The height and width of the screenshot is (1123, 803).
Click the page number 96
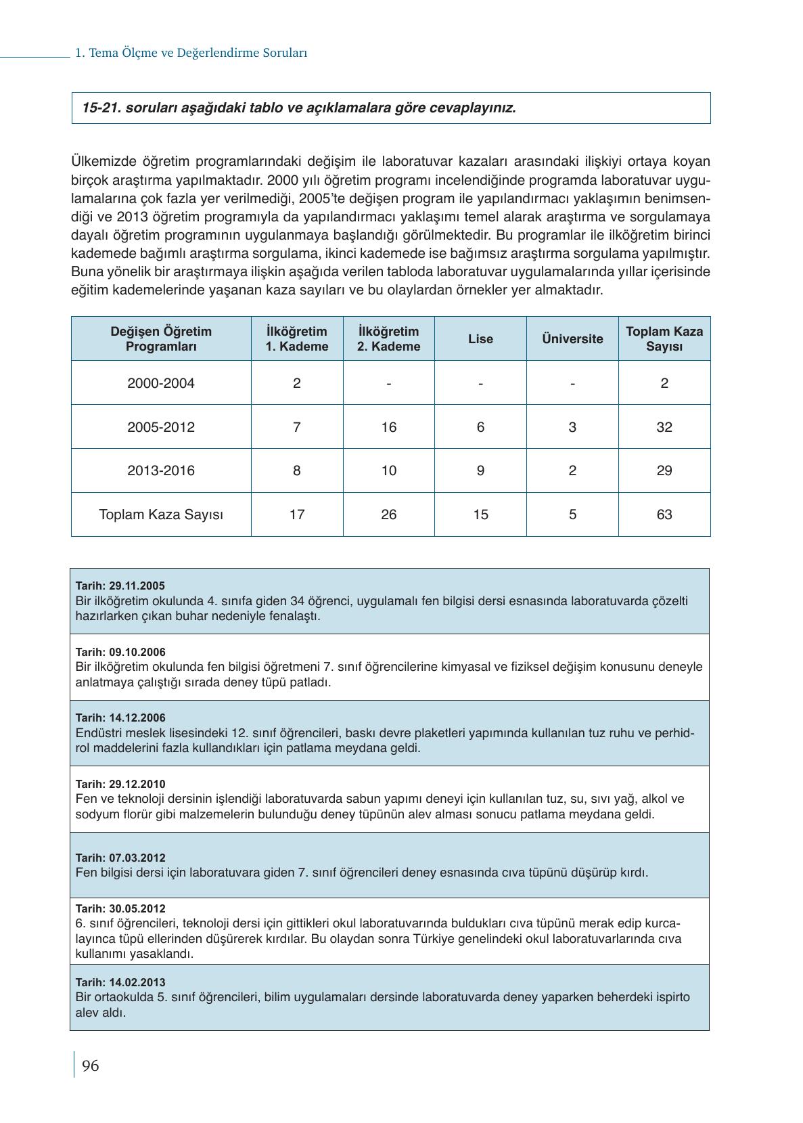[90, 1066]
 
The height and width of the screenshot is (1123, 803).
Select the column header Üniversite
[572, 339]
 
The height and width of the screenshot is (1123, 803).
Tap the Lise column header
[480, 339]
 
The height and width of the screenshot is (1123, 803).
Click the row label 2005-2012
[161, 427]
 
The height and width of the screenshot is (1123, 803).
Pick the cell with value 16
[388, 427]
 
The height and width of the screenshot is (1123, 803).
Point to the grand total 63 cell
[664, 514]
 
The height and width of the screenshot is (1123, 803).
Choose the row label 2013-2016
[161, 470]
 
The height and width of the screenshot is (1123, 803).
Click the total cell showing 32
[664, 427]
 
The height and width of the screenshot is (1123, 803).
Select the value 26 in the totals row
[388, 514]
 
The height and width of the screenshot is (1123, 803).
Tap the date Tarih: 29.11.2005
[120, 586]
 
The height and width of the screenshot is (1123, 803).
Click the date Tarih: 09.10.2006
[120, 653]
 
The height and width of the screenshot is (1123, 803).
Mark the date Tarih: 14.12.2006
[120, 718]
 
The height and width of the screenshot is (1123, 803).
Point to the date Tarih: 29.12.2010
[120, 785]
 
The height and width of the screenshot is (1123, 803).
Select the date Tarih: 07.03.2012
[120, 858]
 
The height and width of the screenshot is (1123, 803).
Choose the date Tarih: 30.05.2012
[120, 909]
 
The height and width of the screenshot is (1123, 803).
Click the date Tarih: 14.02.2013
[120, 982]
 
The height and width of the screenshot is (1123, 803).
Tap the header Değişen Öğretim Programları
[161, 339]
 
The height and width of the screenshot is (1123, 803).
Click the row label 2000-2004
[161, 383]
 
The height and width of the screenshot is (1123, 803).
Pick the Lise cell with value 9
[480, 470]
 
